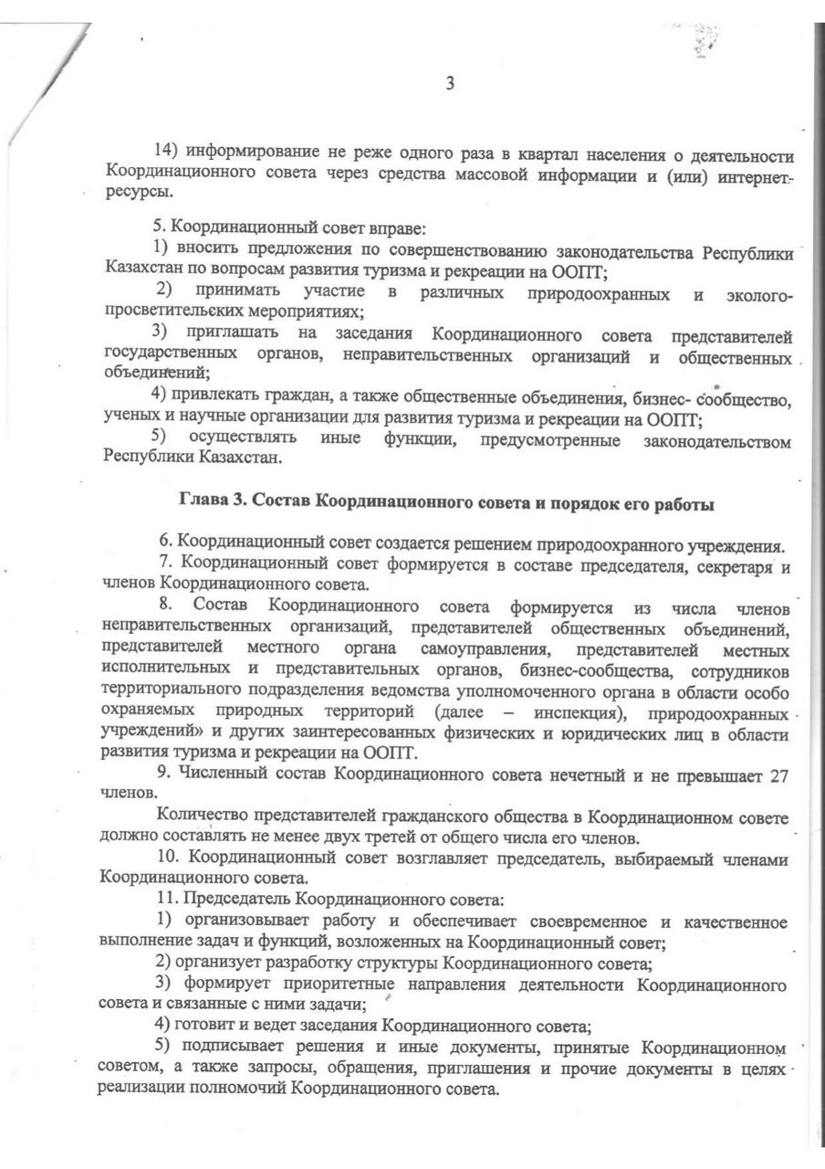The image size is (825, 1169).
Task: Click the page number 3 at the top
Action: coord(449,85)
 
